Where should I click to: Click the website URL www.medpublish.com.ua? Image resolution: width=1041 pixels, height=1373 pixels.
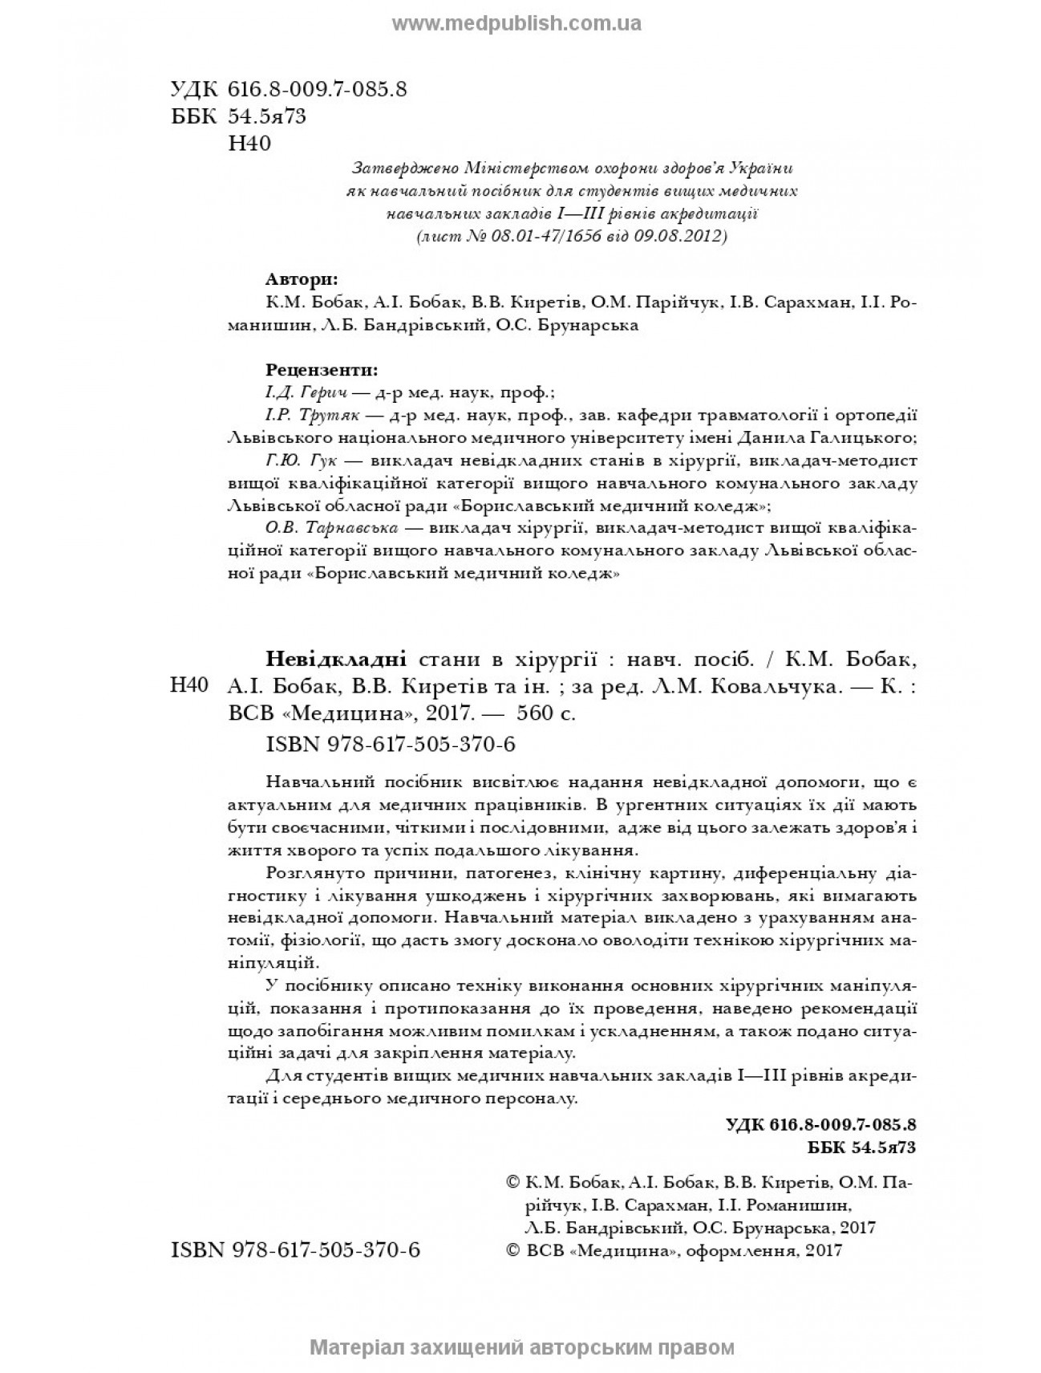(x=516, y=23)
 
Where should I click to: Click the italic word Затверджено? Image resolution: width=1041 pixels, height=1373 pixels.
(x=403, y=169)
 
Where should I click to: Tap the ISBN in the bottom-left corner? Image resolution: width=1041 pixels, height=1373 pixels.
(x=296, y=1250)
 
